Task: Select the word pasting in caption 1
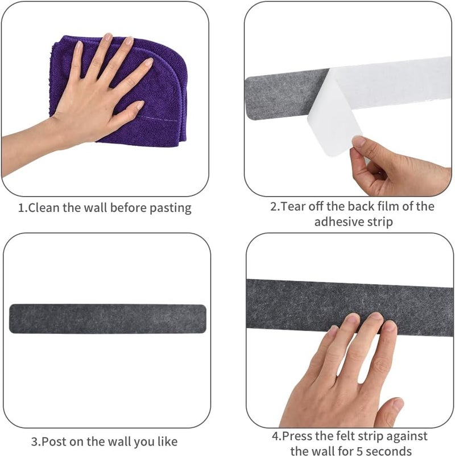171,209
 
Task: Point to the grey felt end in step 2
284,95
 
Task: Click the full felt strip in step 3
108,319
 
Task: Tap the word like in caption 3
168,442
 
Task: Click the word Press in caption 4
297,436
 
